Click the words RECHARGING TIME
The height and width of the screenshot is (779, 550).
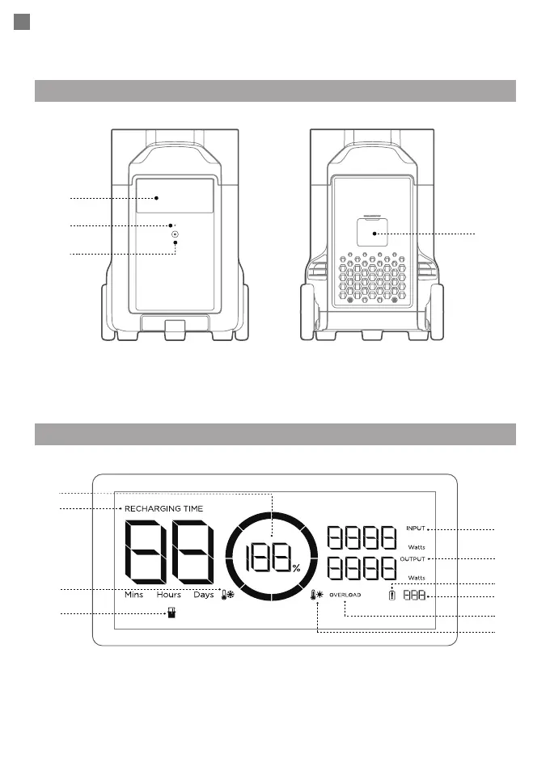coord(163,508)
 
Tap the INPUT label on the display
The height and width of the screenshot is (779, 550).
coord(415,528)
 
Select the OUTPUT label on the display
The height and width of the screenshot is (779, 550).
coord(412,559)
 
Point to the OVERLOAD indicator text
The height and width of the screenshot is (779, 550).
coord(345,595)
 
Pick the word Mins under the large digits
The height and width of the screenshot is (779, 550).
coord(133,595)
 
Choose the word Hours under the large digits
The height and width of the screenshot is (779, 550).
coord(169,595)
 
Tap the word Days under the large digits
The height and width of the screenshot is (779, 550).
coord(204,595)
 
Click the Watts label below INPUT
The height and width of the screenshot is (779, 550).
coord(417,546)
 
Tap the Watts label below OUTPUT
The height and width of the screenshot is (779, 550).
coord(417,578)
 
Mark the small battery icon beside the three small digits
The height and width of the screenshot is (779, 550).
coord(393,595)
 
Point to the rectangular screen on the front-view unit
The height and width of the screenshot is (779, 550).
coord(175,196)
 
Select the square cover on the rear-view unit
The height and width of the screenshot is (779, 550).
coord(374,233)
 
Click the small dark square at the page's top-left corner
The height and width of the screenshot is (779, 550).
coord(23,23)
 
